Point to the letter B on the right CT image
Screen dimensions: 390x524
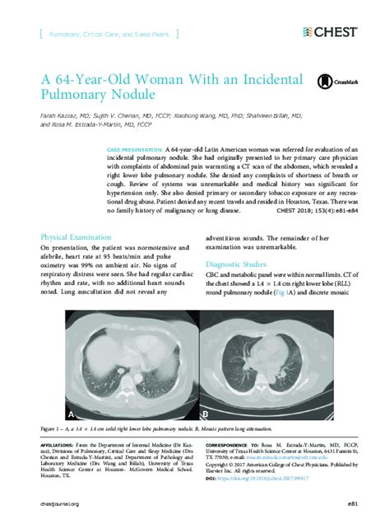(x=206, y=412)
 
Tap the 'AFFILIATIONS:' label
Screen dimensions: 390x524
(x=57, y=444)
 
